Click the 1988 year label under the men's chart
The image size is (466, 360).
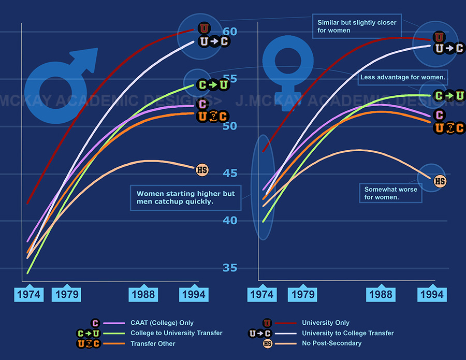tap(143, 294)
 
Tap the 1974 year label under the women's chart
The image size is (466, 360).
tap(261, 294)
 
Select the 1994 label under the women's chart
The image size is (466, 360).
tap(431, 294)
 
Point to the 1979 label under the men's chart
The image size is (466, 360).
tap(67, 294)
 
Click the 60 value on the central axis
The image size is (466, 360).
tap(230, 32)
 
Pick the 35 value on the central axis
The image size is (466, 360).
tap(230, 268)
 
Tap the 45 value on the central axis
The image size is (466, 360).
tap(230, 174)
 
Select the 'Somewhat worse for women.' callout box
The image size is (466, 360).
tap(391, 193)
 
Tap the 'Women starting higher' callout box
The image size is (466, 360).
tap(185, 197)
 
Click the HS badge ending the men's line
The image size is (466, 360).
tap(202, 169)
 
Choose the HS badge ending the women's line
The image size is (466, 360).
tap(440, 181)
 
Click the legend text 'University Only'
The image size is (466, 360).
tap(326, 323)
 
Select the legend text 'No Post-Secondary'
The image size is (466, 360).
tap(332, 343)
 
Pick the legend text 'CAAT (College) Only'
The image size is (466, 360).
tap(162, 323)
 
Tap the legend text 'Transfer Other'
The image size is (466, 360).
tap(153, 343)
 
